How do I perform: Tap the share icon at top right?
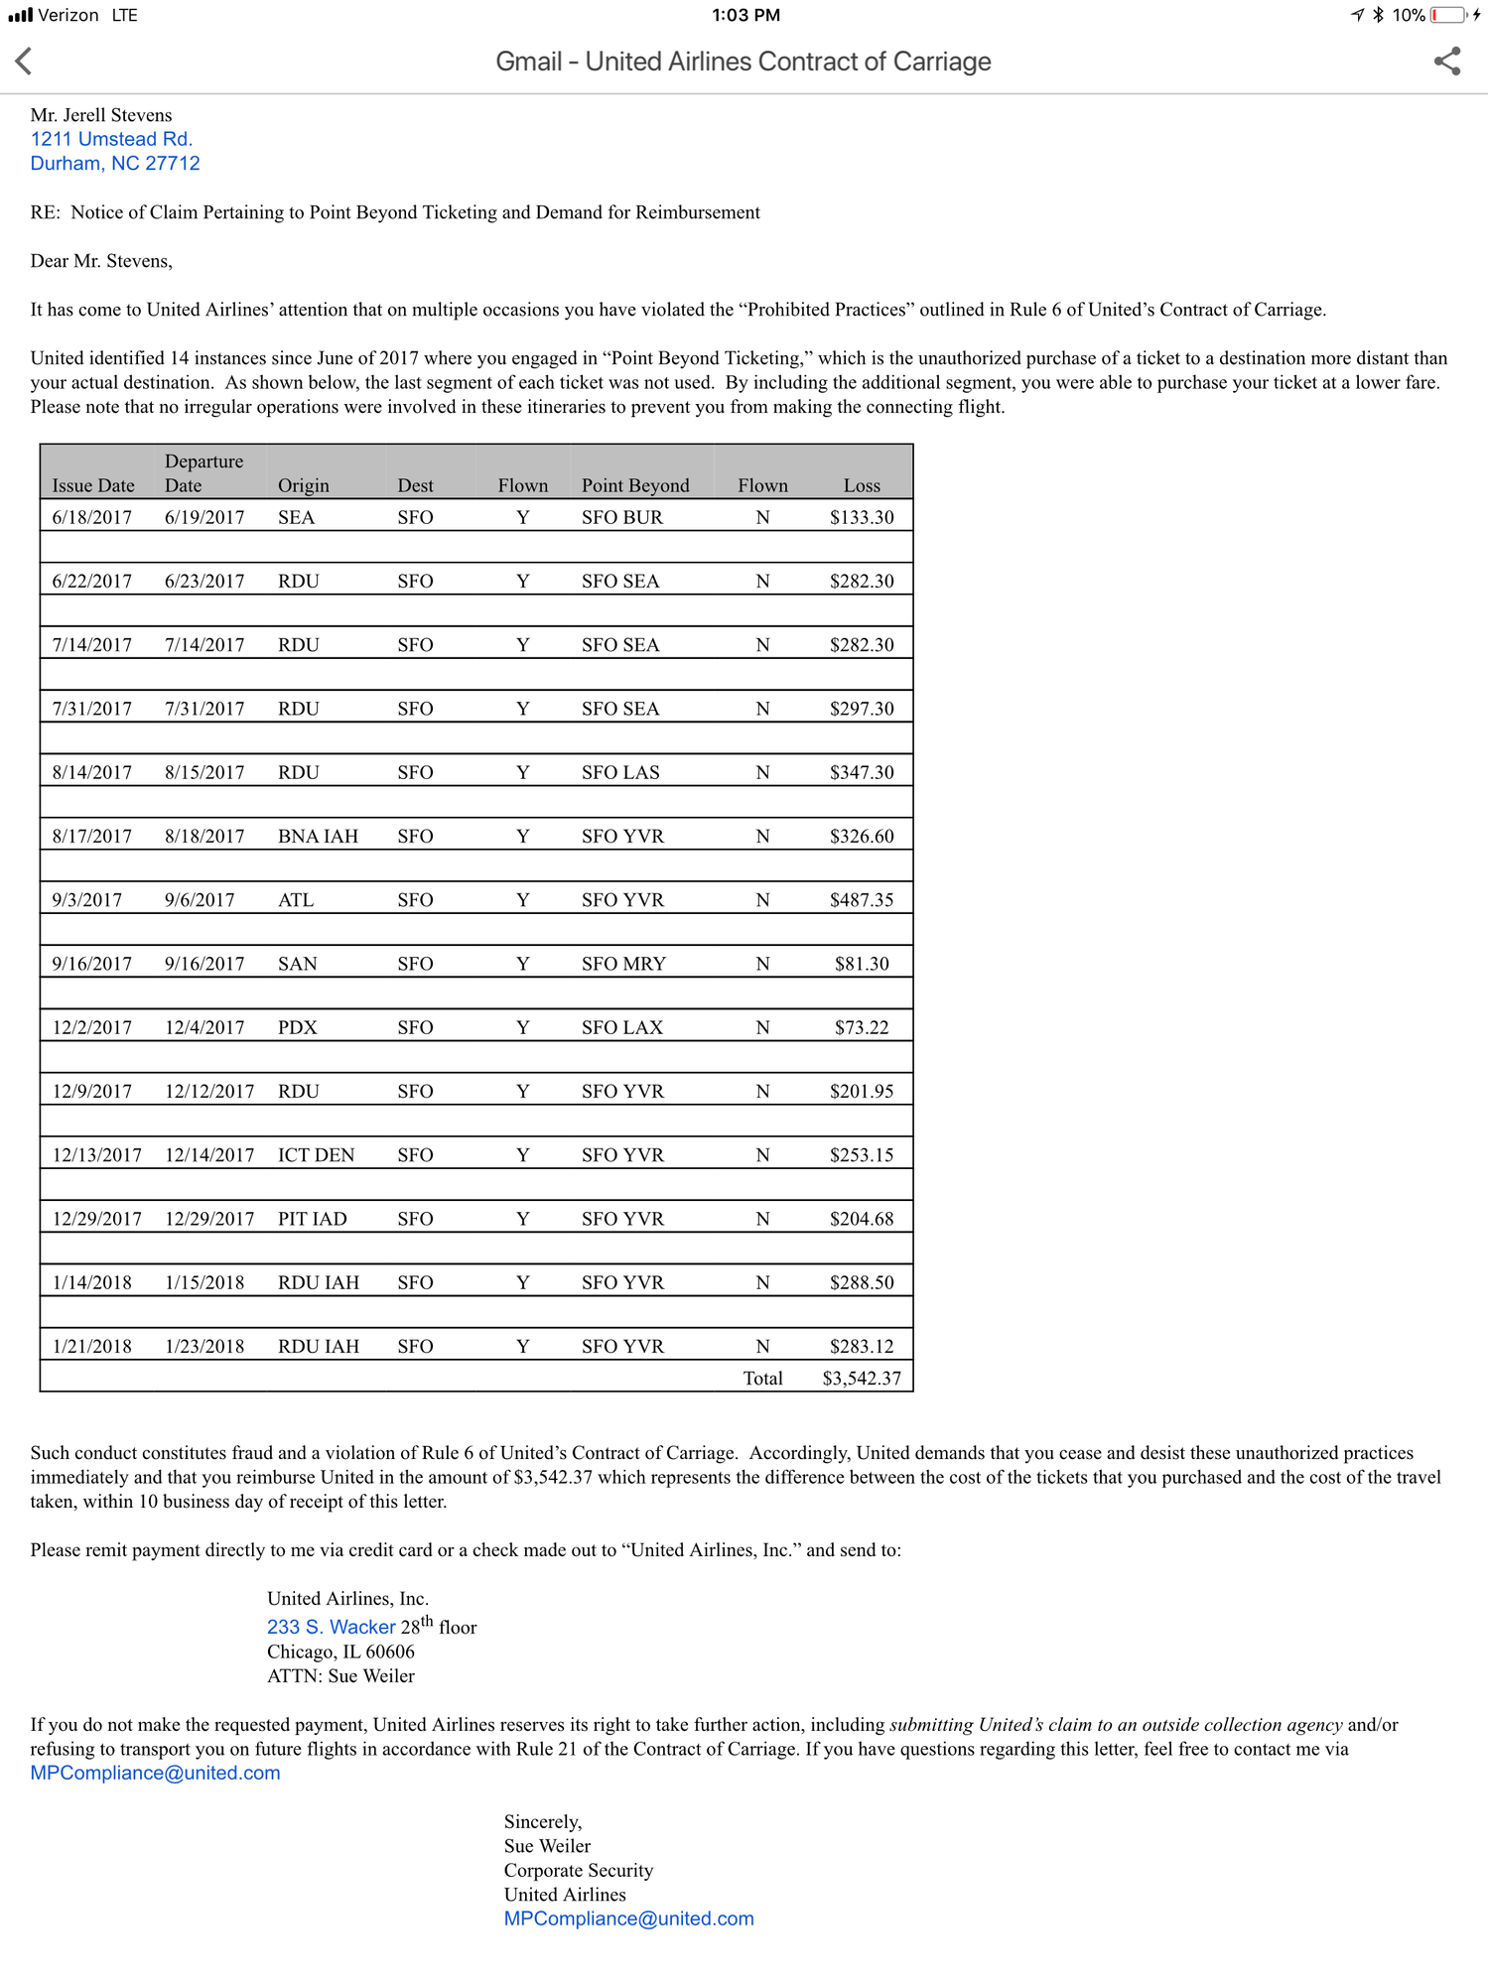tap(1447, 62)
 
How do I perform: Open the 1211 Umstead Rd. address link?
tap(111, 139)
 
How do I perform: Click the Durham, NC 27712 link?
tap(115, 163)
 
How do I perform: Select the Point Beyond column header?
tap(635, 485)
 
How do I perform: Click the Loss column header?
tap(862, 485)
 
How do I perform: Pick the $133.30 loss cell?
tap(862, 517)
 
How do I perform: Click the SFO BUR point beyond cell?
tap(622, 517)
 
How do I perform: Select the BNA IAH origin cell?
tap(318, 836)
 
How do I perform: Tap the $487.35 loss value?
tap(862, 900)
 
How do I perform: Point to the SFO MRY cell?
tap(623, 964)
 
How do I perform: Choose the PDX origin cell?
tap(298, 1027)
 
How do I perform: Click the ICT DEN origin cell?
tap(316, 1155)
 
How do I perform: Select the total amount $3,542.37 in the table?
tap(862, 1379)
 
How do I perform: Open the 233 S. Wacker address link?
tap(332, 1627)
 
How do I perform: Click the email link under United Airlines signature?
tap(628, 1919)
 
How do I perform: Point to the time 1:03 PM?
tap(745, 15)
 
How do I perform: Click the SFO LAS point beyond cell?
tap(620, 772)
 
